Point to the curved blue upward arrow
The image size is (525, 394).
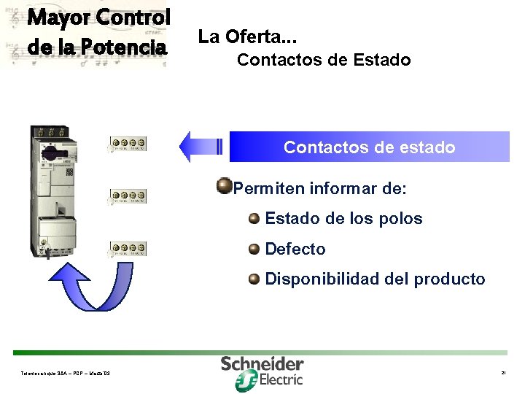tap(96, 298)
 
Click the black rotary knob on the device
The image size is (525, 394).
tap(52, 154)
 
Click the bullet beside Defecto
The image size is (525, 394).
tap(253, 248)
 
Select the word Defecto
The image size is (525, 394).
tap(295, 250)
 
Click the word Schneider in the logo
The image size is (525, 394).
tap(262, 363)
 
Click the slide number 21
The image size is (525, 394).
tap(503, 374)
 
